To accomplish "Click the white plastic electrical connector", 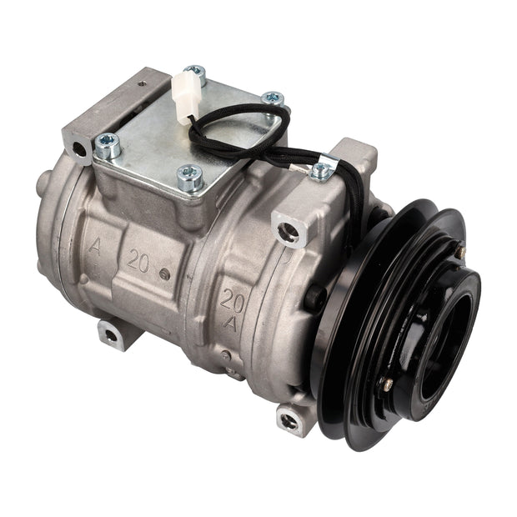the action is [x=183, y=98].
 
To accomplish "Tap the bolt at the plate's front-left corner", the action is [x=108, y=145].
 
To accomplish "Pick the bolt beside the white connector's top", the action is [x=195, y=73].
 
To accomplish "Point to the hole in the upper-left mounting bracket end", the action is [x=80, y=150].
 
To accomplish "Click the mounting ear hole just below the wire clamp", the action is [x=289, y=231].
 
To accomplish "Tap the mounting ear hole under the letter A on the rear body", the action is [x=111, y=336].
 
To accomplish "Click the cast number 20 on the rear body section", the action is [x=138, y=259].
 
